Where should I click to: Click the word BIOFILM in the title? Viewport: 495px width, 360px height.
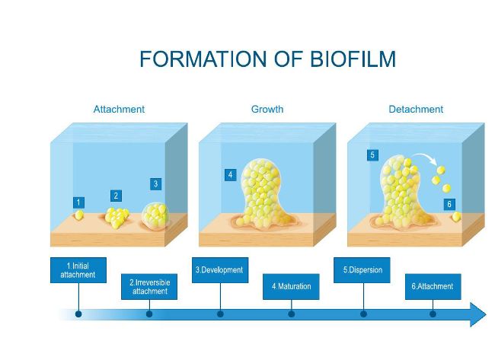click(353, 59)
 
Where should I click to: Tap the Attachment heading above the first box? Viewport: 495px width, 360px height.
click(119, 109)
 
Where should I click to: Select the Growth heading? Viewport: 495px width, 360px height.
click(267, 109)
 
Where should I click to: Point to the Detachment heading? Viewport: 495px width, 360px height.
click(416, 109)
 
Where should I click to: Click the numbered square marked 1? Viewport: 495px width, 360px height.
click(78, 202)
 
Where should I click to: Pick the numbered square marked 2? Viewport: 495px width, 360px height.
click(117, 196)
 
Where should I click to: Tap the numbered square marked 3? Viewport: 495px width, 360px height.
click(155, 184)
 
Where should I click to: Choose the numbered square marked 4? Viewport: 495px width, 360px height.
click(231, 175)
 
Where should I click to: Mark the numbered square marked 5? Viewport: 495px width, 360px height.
click(372, 155)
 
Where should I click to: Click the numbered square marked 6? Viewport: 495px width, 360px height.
click(449, 204)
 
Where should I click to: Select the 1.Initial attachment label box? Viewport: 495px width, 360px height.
click(78, 270)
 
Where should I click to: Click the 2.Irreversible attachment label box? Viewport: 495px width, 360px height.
click(149, 286)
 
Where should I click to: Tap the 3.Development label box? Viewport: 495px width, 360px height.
click(220, 270)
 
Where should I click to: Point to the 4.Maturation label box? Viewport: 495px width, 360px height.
click(291, 286)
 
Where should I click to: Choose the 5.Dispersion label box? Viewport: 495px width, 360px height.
click(362, 270)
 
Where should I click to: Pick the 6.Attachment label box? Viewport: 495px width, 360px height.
click(433, 286)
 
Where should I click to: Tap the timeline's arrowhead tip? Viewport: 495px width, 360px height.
click(486, 314)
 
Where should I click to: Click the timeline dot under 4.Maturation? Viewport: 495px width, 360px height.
click(292, 314)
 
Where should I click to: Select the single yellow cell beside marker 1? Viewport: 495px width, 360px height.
click(79, 215)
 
